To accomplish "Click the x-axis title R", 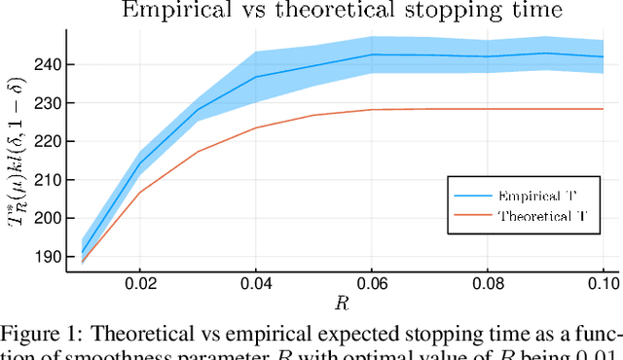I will [342, 303].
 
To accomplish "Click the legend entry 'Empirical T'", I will [533, 194].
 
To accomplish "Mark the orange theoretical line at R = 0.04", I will [255, 127].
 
